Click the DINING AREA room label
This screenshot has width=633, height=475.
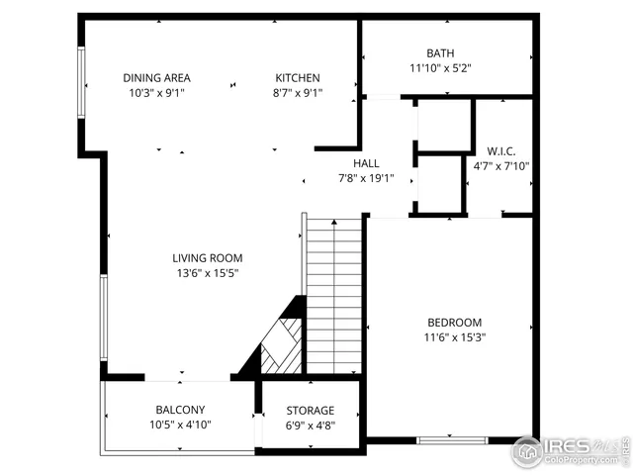(x=156, y=78)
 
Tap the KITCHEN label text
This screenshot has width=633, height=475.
(x=297, y=78)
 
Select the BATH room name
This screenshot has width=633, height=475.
(x=441, y=53)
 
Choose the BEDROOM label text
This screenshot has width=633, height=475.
(x=454, y=323)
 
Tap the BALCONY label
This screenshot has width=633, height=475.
(x=180, y=410)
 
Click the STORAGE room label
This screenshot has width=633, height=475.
(x=310, y=411)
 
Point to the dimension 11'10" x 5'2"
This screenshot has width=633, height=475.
(x=441, y=68)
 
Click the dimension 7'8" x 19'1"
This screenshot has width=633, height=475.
(x=366, y=179)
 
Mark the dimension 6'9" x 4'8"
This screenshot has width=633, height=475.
(x=310, y=426)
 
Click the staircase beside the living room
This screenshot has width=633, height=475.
(x=334, y=297)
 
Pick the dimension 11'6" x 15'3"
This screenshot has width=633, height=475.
(x=454, y=337)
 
